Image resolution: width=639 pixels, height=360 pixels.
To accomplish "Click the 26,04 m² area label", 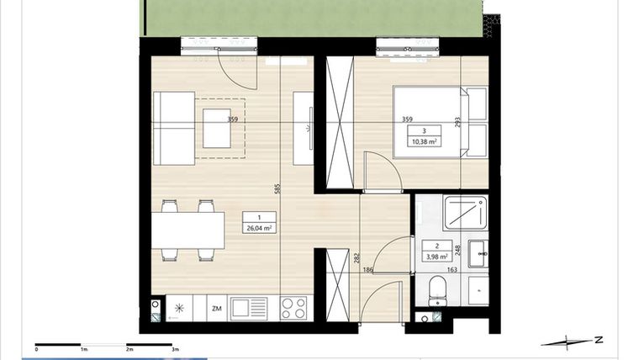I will (x=258, y=228).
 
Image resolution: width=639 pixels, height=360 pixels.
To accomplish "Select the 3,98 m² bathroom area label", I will (x=437, y=257).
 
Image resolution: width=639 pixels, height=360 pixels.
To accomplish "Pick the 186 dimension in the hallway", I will (x=368, y=271).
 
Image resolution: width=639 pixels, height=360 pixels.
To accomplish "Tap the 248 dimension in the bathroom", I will (x=457, y=249).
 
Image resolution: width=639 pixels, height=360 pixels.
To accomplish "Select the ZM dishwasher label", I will (x=216, y=309).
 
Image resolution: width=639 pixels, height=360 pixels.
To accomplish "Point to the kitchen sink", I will (x=249, y=309).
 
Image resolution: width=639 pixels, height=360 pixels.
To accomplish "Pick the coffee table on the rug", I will (x=218, y=125).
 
